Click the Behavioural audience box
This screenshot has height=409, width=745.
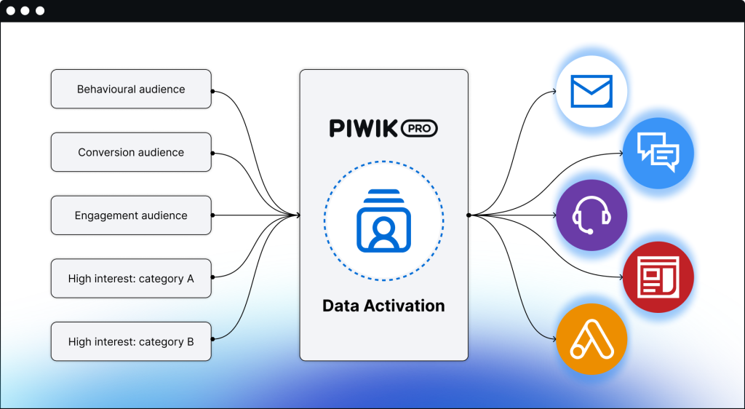point(131,90)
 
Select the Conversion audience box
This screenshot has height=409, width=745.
point(131,153)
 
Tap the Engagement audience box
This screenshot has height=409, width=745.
point(131,215)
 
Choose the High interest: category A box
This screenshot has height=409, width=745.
point(131,279)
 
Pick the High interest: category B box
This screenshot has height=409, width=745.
point(131,341)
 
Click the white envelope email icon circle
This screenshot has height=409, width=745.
point(591,91)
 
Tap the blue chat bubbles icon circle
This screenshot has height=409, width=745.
point(658,154)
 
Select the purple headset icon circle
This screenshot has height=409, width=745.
point(591,215)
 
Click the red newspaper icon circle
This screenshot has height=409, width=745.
point(658,277)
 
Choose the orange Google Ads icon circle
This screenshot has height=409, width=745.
point(591,340)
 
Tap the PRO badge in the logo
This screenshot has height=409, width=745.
point(420,129)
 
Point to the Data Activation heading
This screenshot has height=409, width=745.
point(383,306)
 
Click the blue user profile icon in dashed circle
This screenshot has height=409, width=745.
point(383,220)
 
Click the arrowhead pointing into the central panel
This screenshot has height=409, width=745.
point(297,215)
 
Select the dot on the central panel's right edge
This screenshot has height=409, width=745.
point(469,215)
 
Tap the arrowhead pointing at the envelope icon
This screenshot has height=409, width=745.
point(553,92)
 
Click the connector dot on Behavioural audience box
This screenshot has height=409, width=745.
point(212,91)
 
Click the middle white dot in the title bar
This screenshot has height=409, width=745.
point(26,11)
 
